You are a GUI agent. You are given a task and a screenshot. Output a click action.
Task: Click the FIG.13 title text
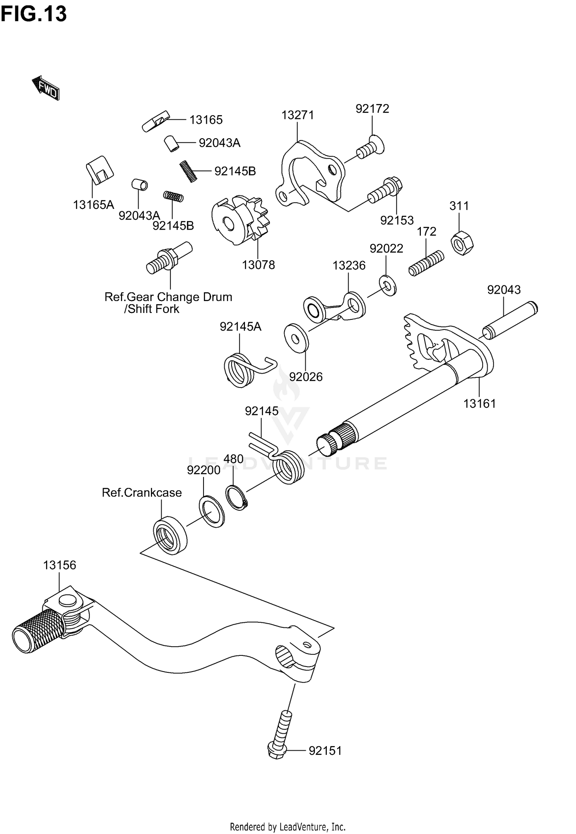point(34,14)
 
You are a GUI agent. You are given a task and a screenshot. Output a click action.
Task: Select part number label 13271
point(298,115)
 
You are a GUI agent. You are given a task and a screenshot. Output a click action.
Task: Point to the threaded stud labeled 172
point(426,263)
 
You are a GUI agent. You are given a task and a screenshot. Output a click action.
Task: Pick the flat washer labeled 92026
point(296,338)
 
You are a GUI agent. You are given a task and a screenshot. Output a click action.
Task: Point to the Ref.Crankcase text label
point(142,493)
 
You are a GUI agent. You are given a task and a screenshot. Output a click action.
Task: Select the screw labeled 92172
point(371,147)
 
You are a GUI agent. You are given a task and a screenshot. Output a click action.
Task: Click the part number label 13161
point(480,404)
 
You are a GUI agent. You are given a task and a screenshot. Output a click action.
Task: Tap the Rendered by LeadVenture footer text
point(288,827)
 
